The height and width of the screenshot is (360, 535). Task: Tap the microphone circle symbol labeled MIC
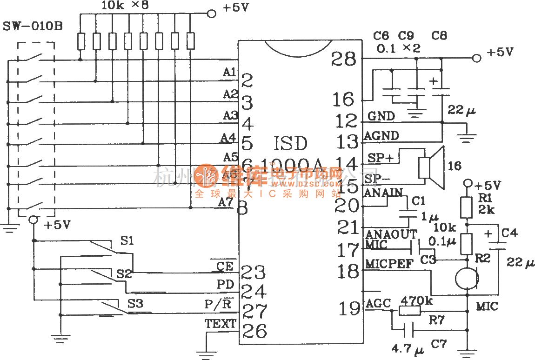(x=467, y=278)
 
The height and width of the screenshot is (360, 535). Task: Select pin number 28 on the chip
(x=345, y=59)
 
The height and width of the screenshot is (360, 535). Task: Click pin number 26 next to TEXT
(x=254, y=331)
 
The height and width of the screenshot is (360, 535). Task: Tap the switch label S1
(x=127, y=241)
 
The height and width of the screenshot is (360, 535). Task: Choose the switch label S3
(x=135, y=304)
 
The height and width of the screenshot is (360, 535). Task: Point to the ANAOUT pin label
(x=391, y=234)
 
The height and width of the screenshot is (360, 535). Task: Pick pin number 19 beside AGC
(x=348, y=308)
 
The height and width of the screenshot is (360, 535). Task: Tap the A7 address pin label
(x=225, y=202)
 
